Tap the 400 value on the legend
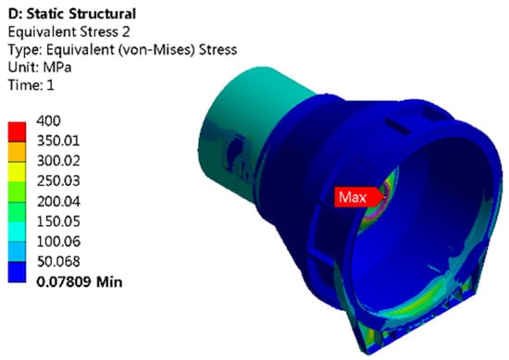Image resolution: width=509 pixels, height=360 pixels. coord(48,120)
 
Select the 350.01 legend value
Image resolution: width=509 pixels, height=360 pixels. coord(58,141)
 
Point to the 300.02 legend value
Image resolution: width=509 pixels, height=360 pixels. coord(58,161)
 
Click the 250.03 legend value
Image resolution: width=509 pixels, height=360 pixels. coord(58,180)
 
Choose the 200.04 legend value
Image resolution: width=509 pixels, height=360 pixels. coord(58,202)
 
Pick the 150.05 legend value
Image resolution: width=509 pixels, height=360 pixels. coord(58,221)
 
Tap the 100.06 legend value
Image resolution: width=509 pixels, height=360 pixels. coord(58,242)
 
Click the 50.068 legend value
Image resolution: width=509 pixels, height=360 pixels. coord(58,261)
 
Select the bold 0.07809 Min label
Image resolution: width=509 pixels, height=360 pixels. coord(80,281)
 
